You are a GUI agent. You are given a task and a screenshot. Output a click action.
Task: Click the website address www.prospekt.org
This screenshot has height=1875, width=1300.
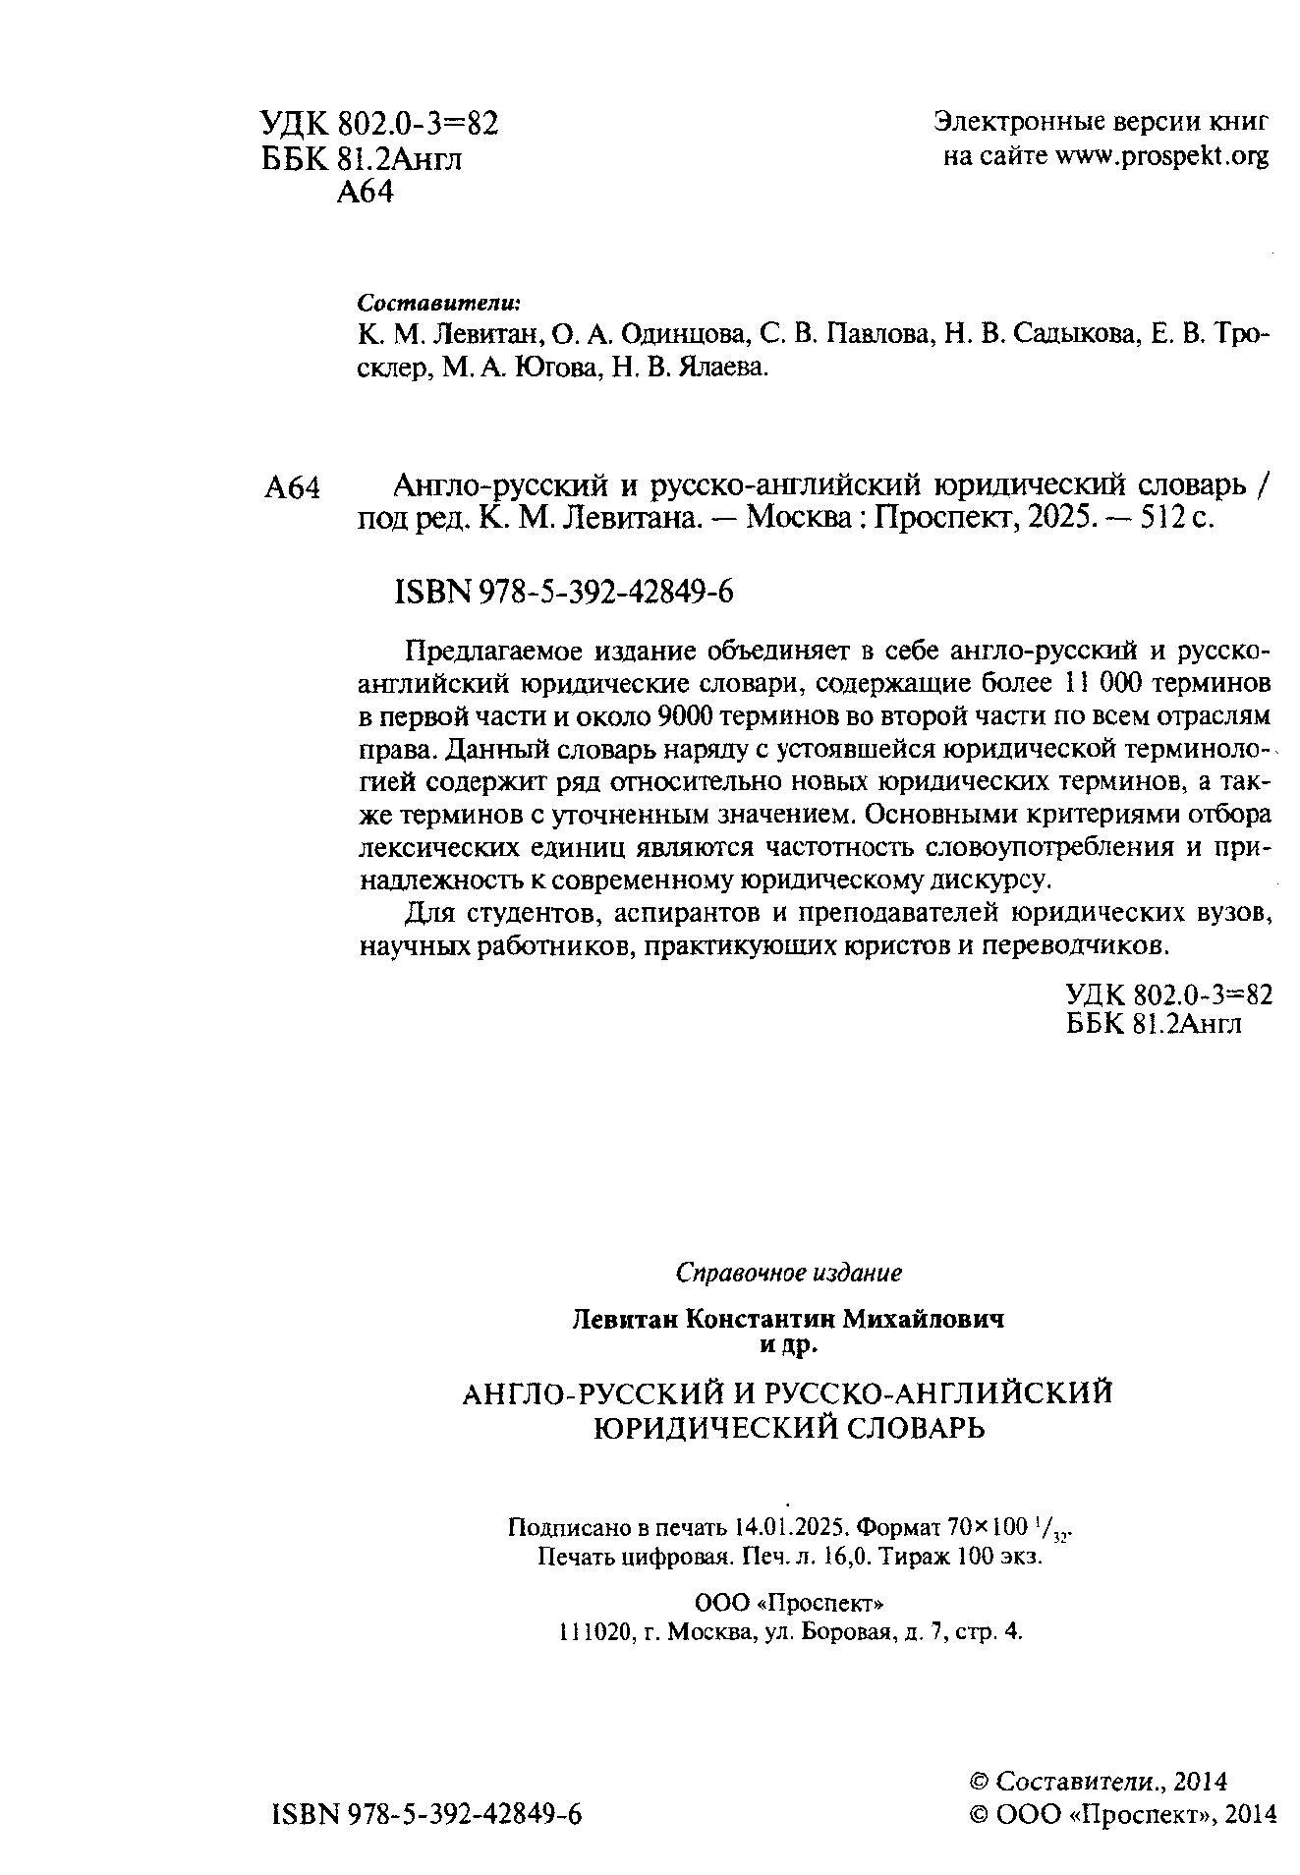(x=1161, y=157)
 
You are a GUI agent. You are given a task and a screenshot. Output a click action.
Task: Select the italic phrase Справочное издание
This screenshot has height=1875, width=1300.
(x=789, y=1274)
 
